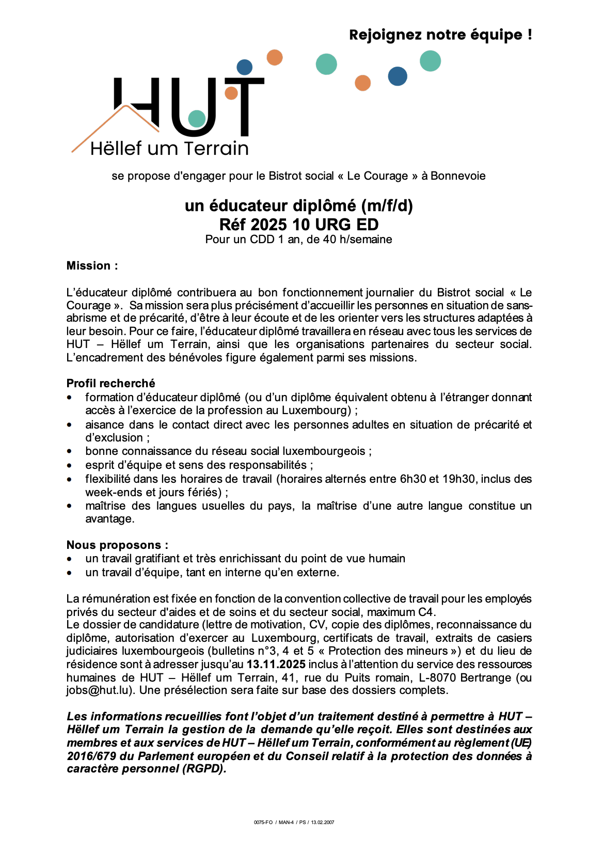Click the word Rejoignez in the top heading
(x=382, y=35)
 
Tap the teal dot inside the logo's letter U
(x=197, y=118)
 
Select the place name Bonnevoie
(x=458, y=176)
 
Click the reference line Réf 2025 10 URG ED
(x=299, y=225)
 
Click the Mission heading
(x=92, y=266)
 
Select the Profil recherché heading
(x=110, y=383)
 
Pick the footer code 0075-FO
(x=263, y=823)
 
